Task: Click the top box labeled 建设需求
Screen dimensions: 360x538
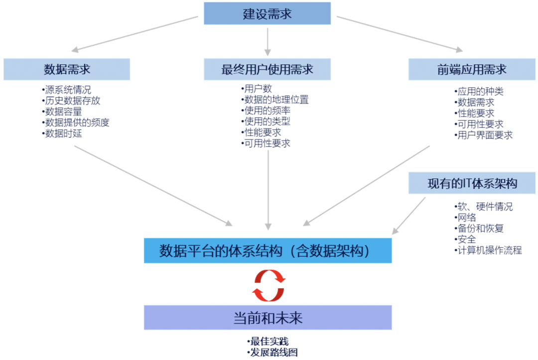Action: (267, 13)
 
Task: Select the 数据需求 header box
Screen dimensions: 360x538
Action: (67, 69)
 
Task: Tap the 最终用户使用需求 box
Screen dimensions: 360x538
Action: (267, 69)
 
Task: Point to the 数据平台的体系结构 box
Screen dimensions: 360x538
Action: (268, 250)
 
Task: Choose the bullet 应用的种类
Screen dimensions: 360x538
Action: (479, 92)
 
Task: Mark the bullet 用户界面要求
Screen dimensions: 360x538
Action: (483, 135)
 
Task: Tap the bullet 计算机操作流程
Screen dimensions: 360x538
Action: (488, 250)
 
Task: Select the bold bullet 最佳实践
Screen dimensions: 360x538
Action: (268, 342)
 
